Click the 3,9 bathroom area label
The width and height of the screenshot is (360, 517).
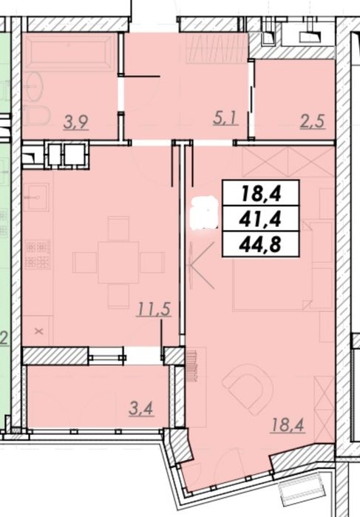[x=76, y=122]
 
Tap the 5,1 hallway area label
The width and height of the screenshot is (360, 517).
[x=225, y=118]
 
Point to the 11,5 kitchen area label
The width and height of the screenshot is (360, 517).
[x=154, y=309]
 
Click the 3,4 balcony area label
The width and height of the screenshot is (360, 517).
[x=141, y=409]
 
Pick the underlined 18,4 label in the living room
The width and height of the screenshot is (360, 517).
[x=288, y=425]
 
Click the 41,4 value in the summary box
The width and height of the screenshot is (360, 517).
[x=261, y=219]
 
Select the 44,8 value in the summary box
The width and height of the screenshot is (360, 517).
[x=261, y=244]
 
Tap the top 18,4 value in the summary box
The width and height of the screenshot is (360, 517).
[x=261, y=193]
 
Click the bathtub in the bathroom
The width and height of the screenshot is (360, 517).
[x=69, y=52]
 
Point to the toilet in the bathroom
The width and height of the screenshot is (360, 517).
[x=37, y=115]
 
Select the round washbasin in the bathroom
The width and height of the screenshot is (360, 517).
[x=34, y=87]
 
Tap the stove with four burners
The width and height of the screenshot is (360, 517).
[x=38, y=254]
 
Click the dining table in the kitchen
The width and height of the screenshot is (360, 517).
[x=118, y=263]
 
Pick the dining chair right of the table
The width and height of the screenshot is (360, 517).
[x=152, y=263]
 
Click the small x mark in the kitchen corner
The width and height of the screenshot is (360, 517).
[x=39, y=331]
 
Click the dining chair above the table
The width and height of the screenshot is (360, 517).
[x=118, y=229]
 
